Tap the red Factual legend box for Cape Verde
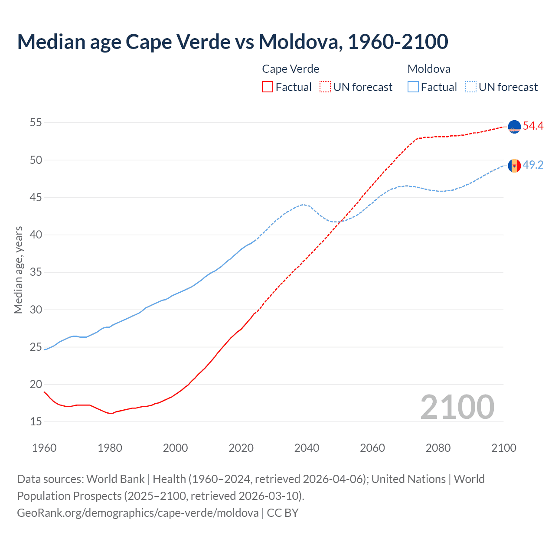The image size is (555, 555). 268,87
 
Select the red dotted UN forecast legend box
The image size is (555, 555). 325,87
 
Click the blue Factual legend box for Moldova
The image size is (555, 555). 413,87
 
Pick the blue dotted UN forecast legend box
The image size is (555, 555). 471,87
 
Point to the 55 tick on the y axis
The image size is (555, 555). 36,123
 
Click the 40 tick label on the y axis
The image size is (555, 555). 36,235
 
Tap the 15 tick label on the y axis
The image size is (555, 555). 36,422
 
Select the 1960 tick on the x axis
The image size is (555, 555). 44,448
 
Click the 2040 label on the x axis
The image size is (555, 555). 307,448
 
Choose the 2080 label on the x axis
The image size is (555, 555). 438,448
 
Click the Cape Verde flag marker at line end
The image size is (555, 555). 514,127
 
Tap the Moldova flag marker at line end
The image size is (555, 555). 514,166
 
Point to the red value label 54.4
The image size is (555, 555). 533,126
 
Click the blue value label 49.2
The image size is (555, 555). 533,165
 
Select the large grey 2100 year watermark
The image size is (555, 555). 457,407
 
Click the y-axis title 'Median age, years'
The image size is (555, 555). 18,270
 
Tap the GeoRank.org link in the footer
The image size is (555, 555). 138,513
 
